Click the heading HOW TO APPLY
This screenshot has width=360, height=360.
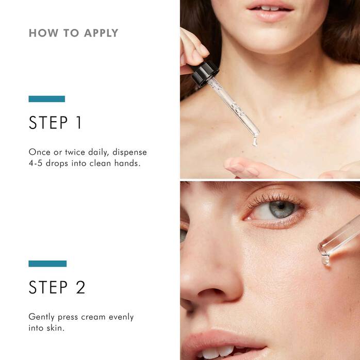[x=73, y=33]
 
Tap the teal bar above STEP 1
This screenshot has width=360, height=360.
[x=47, y=99]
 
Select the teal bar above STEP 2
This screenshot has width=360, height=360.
[x=47, y=264]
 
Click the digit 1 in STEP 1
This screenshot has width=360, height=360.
[x=78, y=123]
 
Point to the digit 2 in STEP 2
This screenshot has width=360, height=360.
[x=80, y=287]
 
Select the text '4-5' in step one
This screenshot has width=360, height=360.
[x=38, y=163]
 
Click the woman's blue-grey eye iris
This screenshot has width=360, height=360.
[x=282, y=209]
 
